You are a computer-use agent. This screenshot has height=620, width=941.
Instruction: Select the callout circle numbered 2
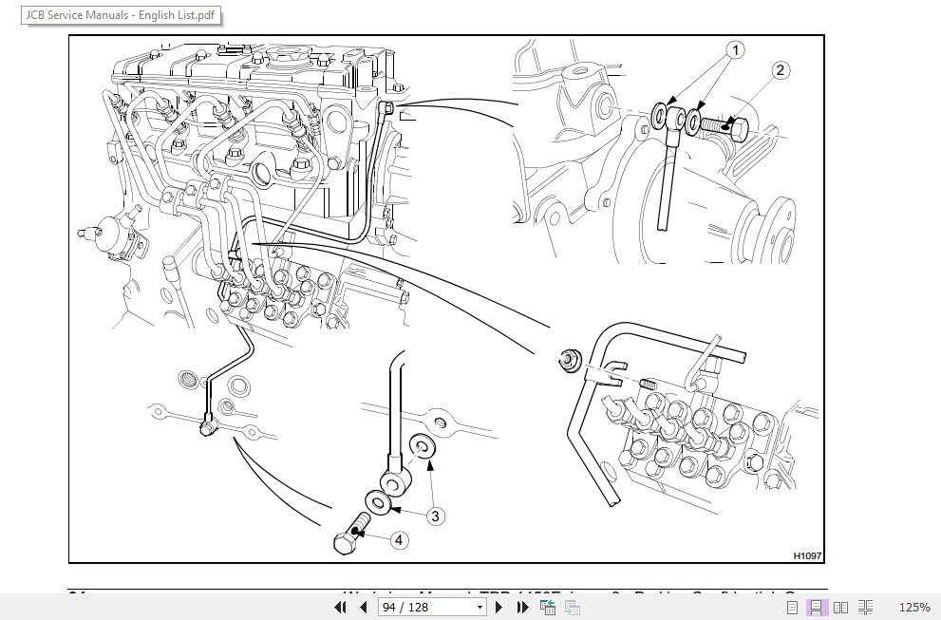[x=781, y=70]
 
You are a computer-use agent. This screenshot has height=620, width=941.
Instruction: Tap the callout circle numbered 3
[x=434, y=517]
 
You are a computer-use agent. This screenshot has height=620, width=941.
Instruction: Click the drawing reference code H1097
[x=806, y=555]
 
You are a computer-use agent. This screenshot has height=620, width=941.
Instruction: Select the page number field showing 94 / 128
[x=431, y=607]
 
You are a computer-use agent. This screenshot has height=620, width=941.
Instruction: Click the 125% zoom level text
[x=913, y=607]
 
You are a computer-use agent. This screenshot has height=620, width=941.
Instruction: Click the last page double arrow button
[x=520, y=607]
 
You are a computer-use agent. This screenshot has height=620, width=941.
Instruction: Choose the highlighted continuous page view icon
[x=816, y=607]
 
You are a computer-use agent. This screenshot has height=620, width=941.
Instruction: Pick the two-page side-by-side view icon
[x=840, y=607]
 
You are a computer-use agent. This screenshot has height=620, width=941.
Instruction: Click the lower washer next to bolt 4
[x=377, y=501]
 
